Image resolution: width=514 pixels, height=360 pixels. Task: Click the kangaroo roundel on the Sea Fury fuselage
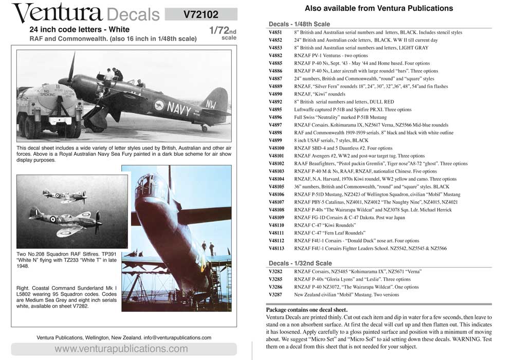[159, 105]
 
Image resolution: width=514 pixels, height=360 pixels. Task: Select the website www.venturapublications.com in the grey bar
[121, 349]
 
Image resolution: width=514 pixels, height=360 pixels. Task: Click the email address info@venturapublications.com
[178, 337]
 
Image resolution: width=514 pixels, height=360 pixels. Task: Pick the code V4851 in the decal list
[276, 32]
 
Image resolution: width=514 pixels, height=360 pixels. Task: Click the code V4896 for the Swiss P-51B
[276, 117]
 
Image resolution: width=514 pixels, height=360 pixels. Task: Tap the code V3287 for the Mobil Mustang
[276, 295]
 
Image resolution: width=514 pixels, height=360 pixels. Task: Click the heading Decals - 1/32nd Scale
[300, 263]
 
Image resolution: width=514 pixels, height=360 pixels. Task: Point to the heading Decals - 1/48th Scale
[300, 24]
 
